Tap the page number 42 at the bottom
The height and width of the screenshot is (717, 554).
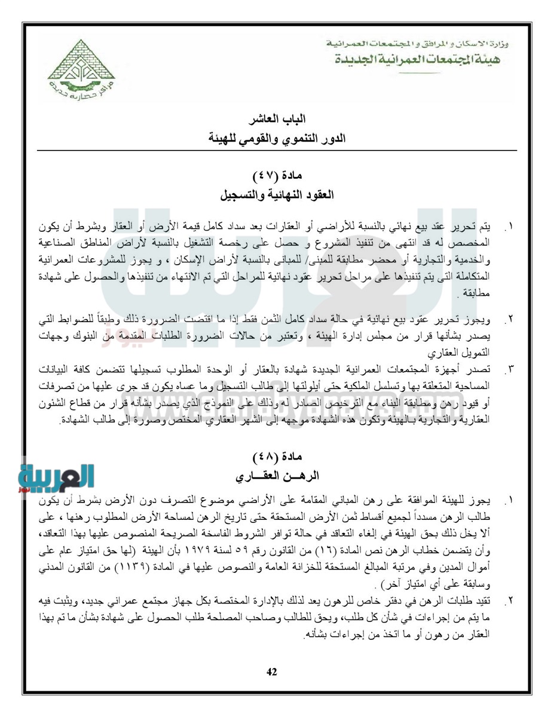pos(272,672)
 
